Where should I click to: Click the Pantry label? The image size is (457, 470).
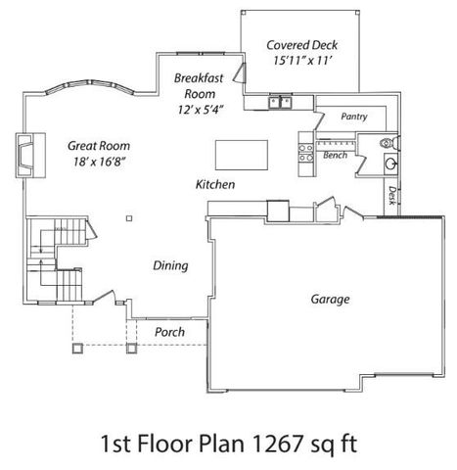(x=353, y=117)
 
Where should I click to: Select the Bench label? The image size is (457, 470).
(x=336, y=154)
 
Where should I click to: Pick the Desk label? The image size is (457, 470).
(x=391, y=196)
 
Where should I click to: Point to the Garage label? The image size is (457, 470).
(x=331, y=299)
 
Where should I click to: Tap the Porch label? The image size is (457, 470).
(x=169, y=333)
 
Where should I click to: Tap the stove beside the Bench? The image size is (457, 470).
(x=304, y=150)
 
